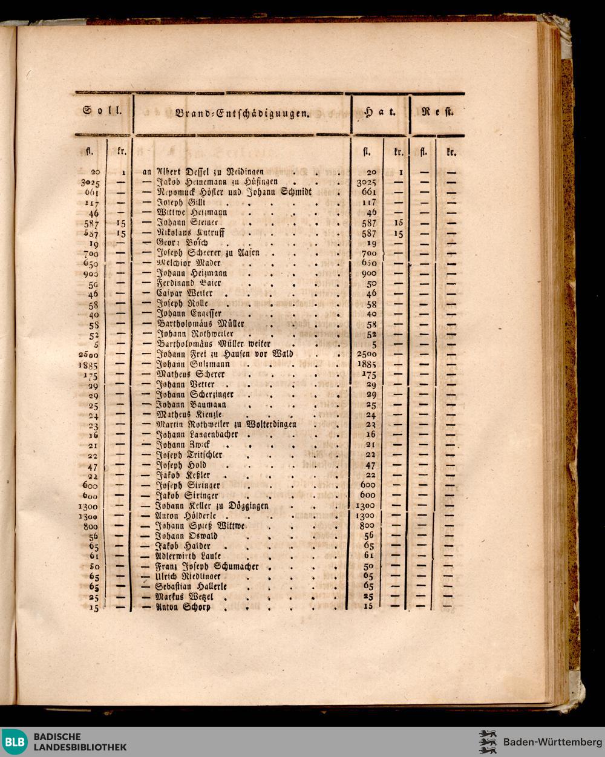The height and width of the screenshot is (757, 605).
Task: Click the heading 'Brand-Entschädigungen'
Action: (241, 113)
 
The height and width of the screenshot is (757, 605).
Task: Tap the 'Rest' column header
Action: (438, 112)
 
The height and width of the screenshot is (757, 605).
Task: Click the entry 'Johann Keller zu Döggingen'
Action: (212, 505)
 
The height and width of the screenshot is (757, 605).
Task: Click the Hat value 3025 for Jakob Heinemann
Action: (367, 182)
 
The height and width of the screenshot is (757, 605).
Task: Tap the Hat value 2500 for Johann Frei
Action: (367, 354)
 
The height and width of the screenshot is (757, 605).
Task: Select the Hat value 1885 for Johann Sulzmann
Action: (367, 364)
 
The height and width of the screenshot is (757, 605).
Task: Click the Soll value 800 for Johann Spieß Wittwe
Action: (91, 526)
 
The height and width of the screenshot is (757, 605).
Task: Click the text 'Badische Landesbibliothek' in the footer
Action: (80, 742)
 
